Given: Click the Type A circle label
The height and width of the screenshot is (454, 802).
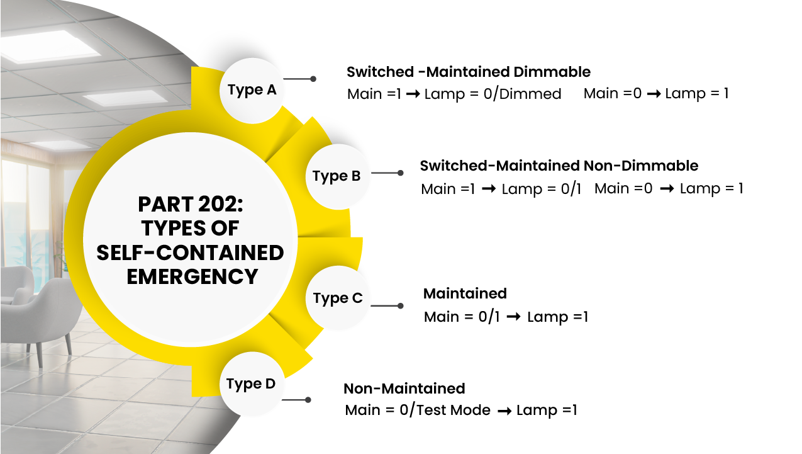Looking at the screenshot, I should (x=252, y=90).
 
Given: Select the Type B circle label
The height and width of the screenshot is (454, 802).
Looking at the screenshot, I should (x=337, y=176).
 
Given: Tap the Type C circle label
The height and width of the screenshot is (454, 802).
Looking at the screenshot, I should (x=338, y=298).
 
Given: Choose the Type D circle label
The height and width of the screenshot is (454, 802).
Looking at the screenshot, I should (x=251, y=383).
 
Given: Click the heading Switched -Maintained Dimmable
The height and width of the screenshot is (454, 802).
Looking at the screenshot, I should (x=469, y=72).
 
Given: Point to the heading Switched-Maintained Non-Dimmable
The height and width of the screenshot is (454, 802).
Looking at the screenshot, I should (x=559, y=166).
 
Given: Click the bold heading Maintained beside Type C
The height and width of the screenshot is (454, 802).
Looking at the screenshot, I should (x=465, y=293).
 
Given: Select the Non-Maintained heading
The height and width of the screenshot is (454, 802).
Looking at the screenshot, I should (x=404, y=388).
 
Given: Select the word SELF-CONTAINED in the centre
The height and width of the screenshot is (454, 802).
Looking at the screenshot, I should (x=190, y=253).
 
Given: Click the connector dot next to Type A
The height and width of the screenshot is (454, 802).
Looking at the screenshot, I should (x=313, y=79).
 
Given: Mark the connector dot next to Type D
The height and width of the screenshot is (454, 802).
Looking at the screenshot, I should (x=308, y=400).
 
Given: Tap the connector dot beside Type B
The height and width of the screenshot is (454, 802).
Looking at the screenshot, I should (x=401, y=173).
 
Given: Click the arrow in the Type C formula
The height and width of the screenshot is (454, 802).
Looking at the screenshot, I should (x=513, y=317).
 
